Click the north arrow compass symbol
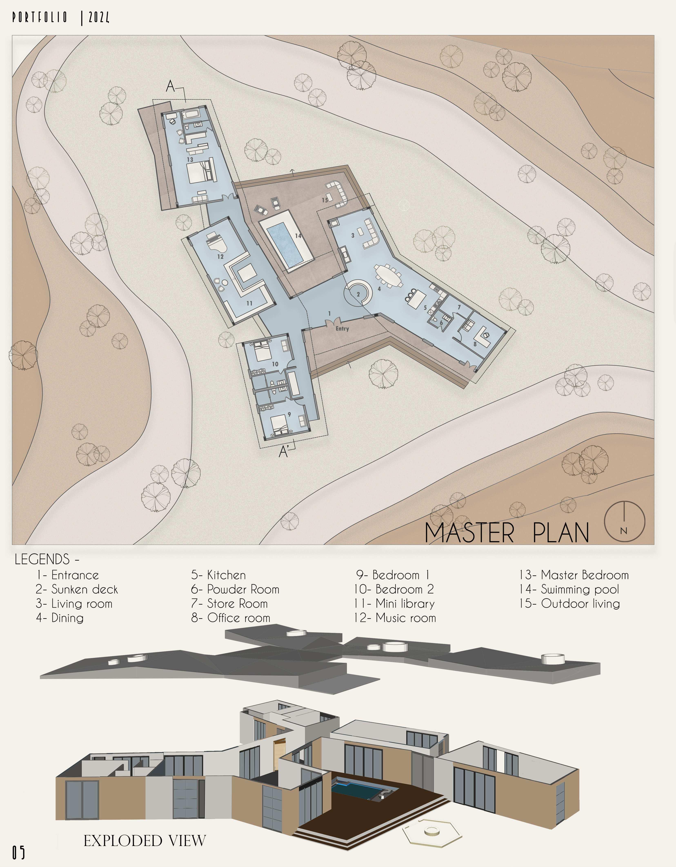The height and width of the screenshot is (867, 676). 624,521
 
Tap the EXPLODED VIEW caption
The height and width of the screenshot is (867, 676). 145,840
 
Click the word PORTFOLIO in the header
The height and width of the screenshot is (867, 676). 40,18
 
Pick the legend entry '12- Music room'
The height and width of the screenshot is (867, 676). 395,618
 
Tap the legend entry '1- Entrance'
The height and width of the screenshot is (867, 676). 68,575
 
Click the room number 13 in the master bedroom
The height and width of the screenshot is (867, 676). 190,160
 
